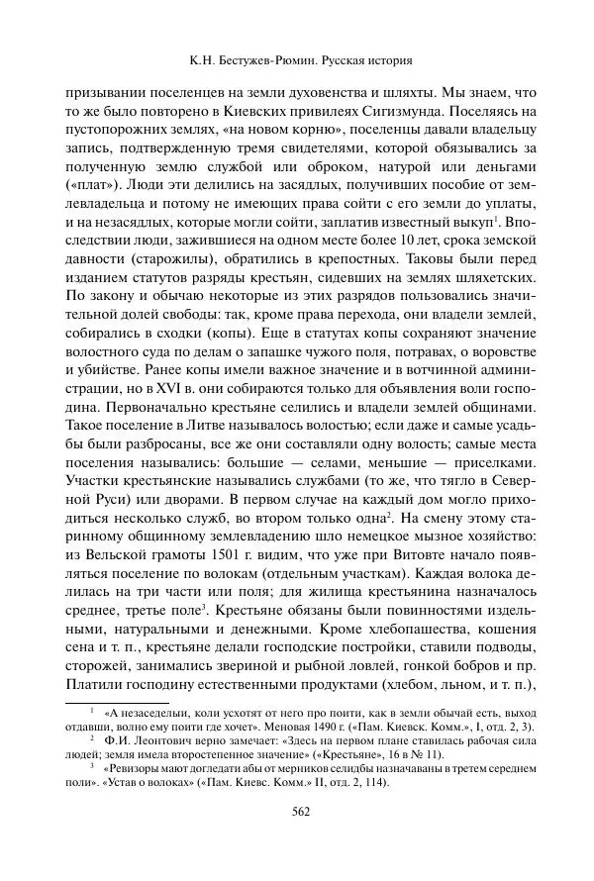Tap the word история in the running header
[386, 60]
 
